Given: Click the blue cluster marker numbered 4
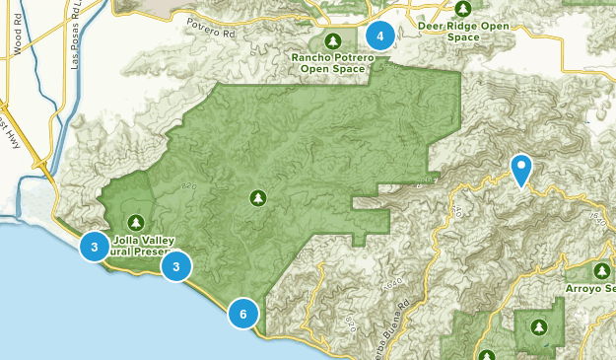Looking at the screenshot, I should [379, 36].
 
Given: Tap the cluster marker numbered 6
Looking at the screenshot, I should [242, 314].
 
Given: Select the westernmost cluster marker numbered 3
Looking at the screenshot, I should [94, 248].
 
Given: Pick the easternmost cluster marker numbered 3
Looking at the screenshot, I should [175, 266].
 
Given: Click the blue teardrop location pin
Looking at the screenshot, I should [520, 170].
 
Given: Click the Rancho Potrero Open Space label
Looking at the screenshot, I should [332, 64].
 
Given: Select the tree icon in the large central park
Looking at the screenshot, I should [258, 198].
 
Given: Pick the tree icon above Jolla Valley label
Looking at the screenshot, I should [135, 221].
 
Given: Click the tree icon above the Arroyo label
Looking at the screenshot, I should [602, 270].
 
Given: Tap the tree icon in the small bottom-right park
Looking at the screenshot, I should [538, 326].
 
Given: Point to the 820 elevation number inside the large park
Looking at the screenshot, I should [189, 184].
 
